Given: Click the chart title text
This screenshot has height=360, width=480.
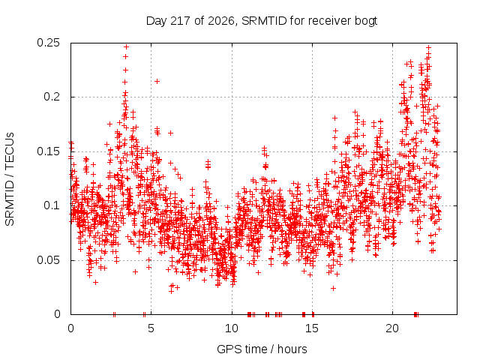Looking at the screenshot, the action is point(262,21).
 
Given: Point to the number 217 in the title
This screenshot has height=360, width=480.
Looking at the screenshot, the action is point(181,21).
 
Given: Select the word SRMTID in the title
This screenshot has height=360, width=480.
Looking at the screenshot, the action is point(264,21).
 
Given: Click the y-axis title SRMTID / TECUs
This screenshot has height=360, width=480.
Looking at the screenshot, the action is point(10,179).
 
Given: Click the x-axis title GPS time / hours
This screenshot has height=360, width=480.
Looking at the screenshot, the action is point(262,349).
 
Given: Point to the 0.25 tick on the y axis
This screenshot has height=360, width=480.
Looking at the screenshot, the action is point(48,43).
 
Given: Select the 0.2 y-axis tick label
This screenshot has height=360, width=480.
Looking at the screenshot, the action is point(52,97).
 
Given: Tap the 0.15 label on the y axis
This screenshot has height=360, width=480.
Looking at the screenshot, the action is point(48,151).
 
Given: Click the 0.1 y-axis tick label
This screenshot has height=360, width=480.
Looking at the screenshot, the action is point(52,205).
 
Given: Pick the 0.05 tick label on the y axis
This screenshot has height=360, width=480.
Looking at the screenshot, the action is point(48,260).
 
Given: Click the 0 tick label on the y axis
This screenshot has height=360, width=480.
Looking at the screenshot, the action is point(57,314).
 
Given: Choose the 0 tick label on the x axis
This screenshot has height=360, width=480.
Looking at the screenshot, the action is point(70,328).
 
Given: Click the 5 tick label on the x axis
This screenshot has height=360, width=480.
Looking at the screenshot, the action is point(151,328).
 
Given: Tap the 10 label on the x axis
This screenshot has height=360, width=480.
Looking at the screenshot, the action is point(232,328).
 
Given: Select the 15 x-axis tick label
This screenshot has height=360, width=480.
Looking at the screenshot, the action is point(312,328).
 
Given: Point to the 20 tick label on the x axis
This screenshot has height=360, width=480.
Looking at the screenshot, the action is point(392,328).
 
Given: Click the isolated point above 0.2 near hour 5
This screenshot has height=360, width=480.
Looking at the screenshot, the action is point(157,82).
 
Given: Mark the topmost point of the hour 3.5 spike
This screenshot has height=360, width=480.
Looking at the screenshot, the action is point(126,46).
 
